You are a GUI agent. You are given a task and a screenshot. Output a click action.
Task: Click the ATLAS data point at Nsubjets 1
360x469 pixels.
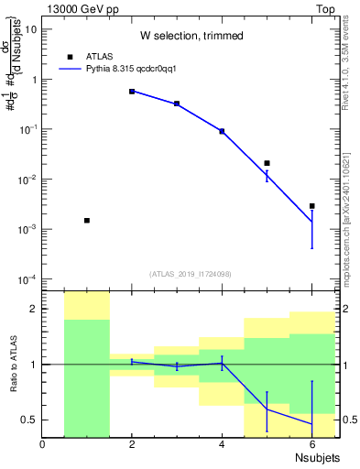click(87, 221)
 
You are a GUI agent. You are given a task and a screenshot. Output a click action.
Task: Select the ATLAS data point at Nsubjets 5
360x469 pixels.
click(267, 163)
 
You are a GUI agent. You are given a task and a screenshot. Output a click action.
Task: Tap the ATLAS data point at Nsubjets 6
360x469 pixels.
click(311, 206)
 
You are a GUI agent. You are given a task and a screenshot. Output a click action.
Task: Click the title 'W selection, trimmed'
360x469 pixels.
click(191, 36)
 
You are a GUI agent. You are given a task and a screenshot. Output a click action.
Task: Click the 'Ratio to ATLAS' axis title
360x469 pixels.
click(14, 365)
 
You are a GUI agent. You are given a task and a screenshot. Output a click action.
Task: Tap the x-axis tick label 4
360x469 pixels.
click(222, 444)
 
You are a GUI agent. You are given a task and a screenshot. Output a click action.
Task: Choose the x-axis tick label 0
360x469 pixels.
click(43, 444)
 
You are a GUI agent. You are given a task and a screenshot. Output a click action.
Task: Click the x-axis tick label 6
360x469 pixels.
click(311, 444)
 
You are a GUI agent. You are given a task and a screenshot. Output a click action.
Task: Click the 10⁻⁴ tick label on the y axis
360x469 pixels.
click(28, 279)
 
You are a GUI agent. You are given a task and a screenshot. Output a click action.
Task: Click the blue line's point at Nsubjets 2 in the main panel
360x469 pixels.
click(132, 92)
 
